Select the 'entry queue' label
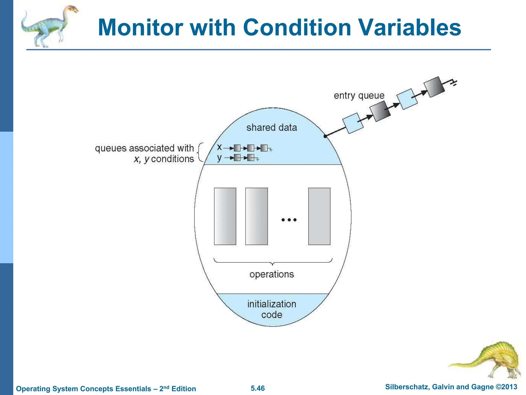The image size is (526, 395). click(x=359, y=96)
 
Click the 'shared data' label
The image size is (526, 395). click(x=271, y=128)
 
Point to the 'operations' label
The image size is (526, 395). click(x=271, y=274)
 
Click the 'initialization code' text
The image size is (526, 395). click(x=271, y=309)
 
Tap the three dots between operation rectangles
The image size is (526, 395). click(x=289, y=220)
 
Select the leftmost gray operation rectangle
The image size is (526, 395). click(x=225, y=216)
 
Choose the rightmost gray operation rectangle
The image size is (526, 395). click(x=319, y=216)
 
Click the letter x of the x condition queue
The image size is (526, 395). click(x=219, y=147)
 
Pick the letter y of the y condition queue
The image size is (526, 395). click(x=219, y=158)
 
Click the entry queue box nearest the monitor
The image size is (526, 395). click(x=353, y=123)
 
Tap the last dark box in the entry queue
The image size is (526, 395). click(x=434, y=87)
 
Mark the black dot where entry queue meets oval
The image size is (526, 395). click(x=325, y=136)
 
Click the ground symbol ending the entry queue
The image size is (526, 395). click(x=454, y=83)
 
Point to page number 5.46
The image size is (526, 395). click(x=258, y=388)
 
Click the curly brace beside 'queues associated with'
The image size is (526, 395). click(x=200, y=152)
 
